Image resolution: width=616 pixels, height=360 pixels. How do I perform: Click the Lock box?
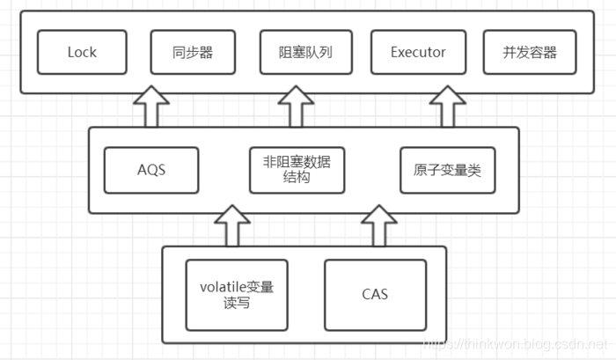coord(83,53)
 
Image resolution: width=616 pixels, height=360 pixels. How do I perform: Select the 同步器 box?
coord(193,53)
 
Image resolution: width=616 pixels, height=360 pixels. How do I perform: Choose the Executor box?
coord(418,53)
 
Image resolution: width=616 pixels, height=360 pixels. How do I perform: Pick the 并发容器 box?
coord(530,53)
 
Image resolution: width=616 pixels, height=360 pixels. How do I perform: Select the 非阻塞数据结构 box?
coord(297,170)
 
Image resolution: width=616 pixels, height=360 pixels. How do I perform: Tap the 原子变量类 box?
coord(447,170)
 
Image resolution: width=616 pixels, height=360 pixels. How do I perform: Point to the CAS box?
coord(375,294)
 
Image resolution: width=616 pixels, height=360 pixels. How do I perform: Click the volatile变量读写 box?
coord(237,294)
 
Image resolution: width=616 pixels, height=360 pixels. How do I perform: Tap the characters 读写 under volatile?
coord(237,303)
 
